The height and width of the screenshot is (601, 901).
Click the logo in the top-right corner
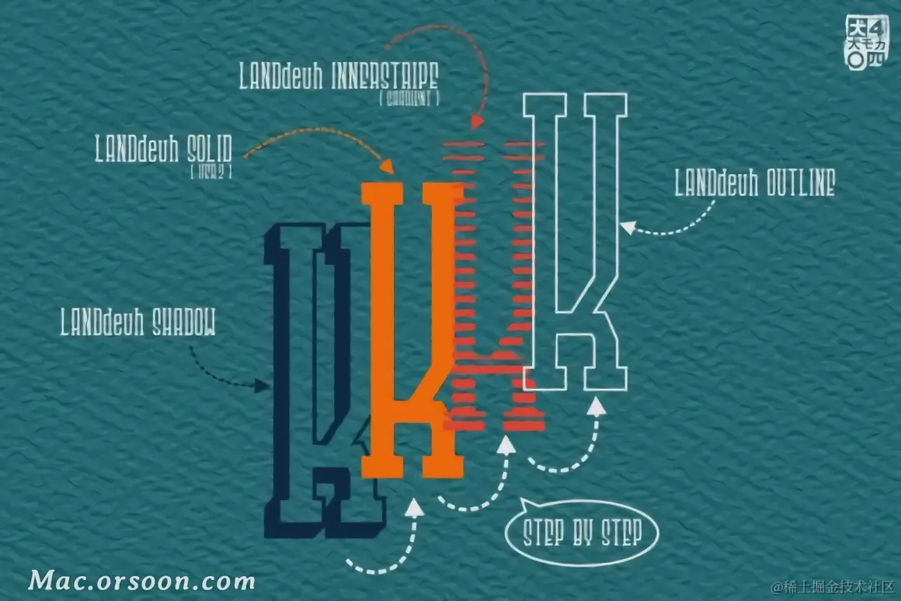click(x=865, y=42)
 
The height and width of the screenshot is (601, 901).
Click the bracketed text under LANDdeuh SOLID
click(x=210, y=170)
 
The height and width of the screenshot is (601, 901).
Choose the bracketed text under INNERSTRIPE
click(x=409, y=98)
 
